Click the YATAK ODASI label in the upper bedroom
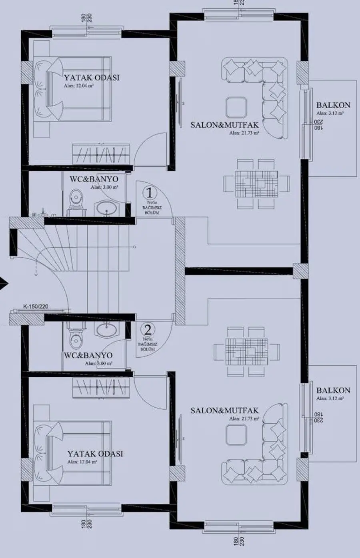pos(92,78)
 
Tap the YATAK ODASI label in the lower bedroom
pos(95,454)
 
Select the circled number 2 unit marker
pos(148,330)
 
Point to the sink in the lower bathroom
pos(106,329)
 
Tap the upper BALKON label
pos(333,106)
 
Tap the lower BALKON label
pos(333,391)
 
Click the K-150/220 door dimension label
pos(36,307)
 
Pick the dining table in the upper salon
pos(256,184)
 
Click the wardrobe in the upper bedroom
pos(101,153)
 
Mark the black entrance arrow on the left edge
pos(3,284)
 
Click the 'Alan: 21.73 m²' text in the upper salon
pos(244,133)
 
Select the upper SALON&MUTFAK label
pos(224,125)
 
